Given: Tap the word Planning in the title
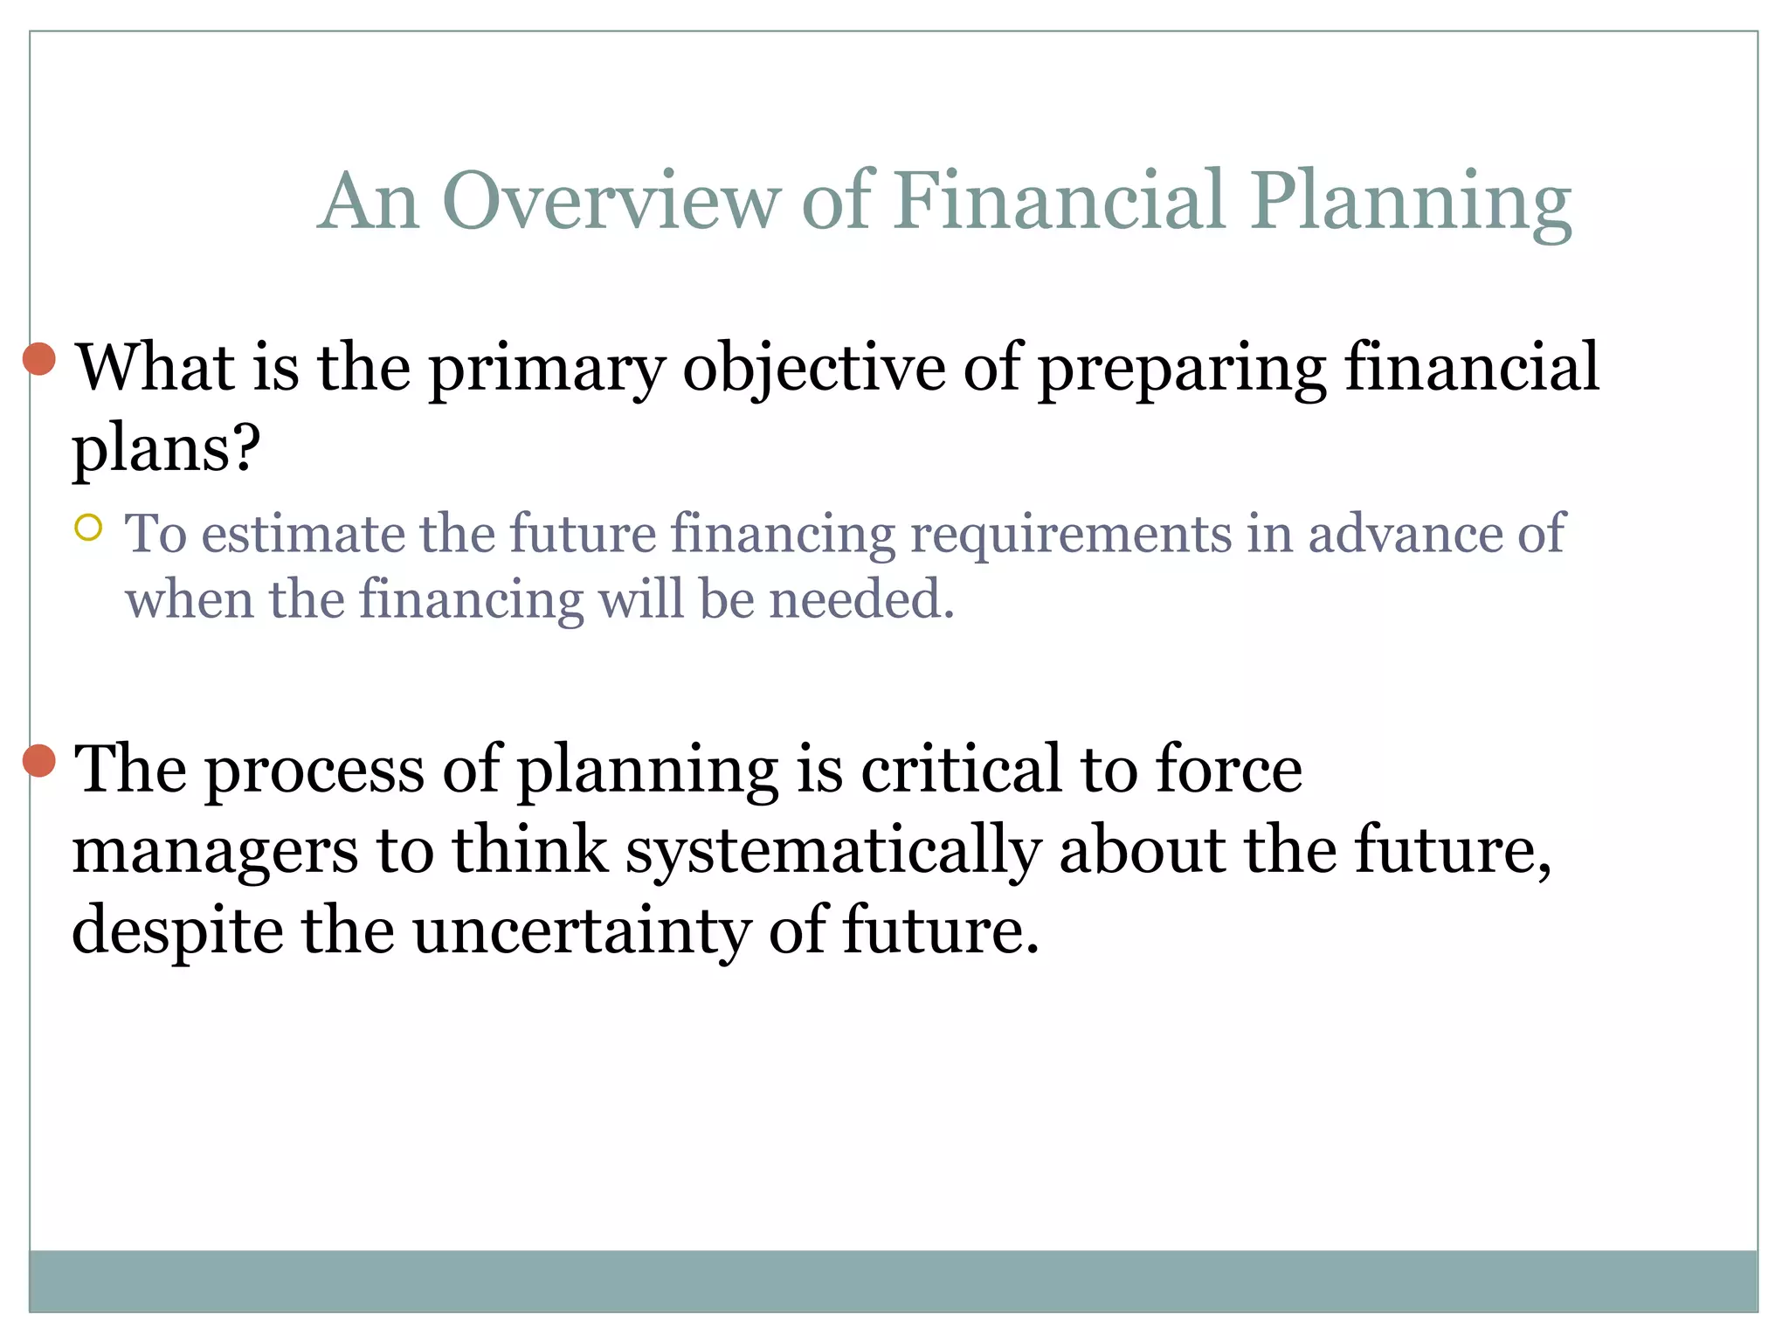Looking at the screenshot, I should pos(1410,203).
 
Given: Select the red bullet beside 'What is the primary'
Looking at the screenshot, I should pos(39,359).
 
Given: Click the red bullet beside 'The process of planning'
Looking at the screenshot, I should pos(39,761).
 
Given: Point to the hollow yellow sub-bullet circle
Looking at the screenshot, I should pos(88,528).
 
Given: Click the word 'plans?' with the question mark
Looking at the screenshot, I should pos(166,451).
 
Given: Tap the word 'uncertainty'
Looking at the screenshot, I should pos(581,931).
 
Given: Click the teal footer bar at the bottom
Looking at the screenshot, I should pos(893,1281).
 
